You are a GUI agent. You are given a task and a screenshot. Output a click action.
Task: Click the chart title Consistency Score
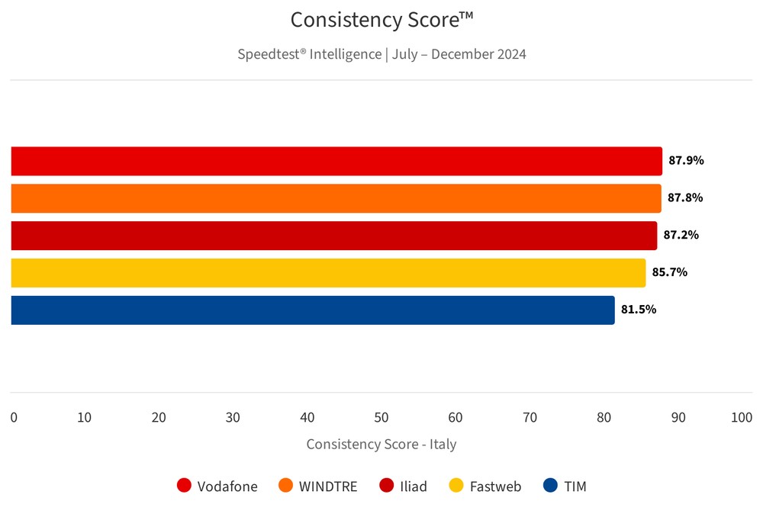(381, 21)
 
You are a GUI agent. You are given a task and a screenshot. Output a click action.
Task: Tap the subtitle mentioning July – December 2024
(381, 54)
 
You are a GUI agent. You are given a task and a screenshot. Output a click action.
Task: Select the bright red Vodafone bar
(336, 161)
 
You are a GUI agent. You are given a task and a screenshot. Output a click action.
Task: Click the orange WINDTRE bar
(336, 198)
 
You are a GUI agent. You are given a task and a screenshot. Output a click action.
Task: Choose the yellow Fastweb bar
(328, 273)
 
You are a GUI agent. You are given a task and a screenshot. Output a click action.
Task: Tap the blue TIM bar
(313, 310)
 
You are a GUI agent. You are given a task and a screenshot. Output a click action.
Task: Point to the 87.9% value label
(686, 161)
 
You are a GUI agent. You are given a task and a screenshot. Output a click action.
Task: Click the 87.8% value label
(685, 198)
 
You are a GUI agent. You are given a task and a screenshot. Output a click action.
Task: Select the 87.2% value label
(681, 236)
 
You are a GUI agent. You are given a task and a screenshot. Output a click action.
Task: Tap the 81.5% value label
(639, 310)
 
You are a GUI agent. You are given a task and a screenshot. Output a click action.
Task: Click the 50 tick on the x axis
(381, 418)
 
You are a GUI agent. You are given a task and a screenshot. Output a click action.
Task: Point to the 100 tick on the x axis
(741, 418)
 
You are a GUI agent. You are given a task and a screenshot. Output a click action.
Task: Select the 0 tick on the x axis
(14, 418)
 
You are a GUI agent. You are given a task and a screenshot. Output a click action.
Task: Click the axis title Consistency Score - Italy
(381, 445)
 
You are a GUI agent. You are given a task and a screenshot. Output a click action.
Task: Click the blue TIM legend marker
(550, 486)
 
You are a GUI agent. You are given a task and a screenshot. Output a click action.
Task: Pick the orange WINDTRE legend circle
(286, 486)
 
